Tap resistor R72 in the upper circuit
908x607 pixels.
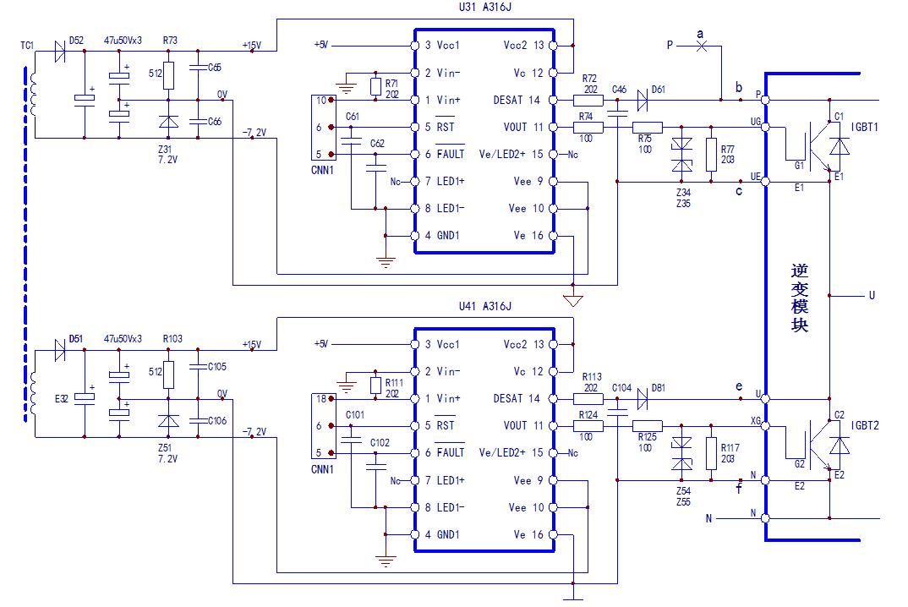click(x=589, y=100)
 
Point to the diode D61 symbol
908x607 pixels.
click(x=643, y=100)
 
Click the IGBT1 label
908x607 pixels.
click(x=865, y=126)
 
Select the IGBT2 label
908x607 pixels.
click(x=865, y=426)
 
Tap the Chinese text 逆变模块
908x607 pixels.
click(x=800, y=298)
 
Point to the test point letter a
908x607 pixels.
click(x=700, y=34)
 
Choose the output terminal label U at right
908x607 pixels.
click(x=872, y=296)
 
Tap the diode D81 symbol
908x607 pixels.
click(x=643, y=398)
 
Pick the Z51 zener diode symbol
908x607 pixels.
click(x=169, y=420)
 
